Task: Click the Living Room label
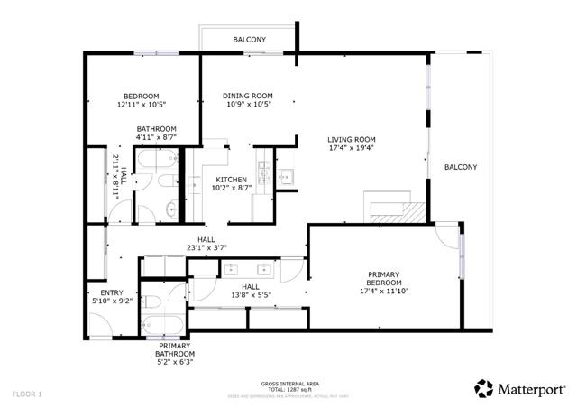[x=351, y=139]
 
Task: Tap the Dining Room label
[x=248, y=97]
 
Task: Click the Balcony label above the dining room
[x=249, y=40]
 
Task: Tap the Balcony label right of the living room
[x=460, y=167]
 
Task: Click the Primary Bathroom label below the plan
[x=176, y=349]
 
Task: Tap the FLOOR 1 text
[x=27, y=394]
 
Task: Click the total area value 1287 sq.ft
[x=288, y=389]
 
